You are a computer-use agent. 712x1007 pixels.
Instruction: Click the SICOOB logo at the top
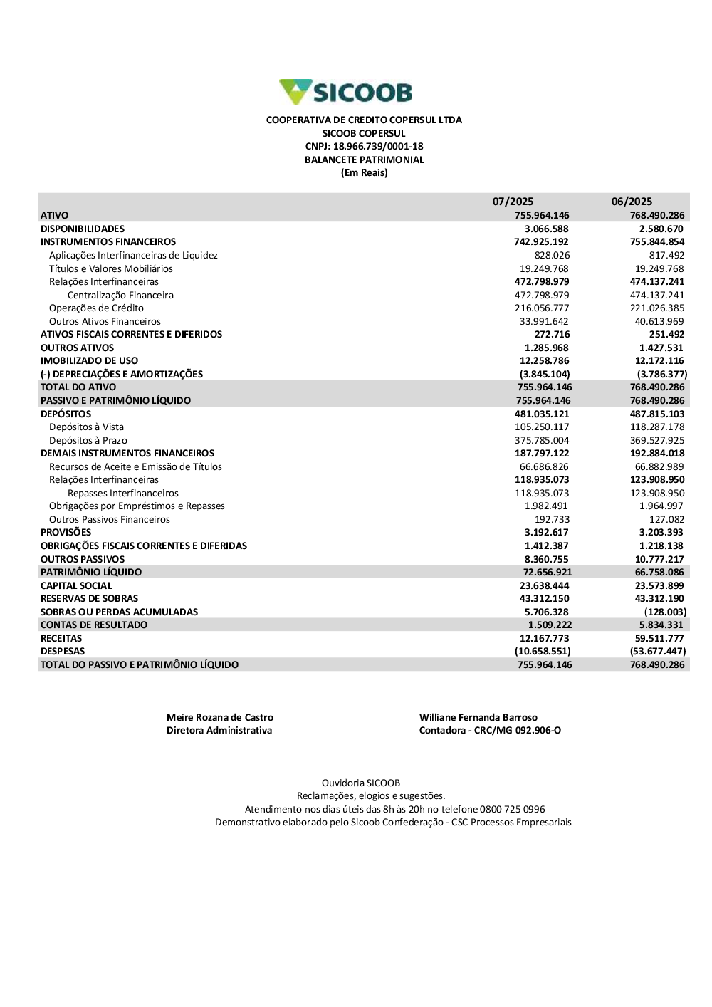[x=347, y=93]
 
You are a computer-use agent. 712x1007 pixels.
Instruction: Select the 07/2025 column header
[x=513, y=202]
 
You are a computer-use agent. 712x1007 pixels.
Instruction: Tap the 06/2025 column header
[x=632, y=202]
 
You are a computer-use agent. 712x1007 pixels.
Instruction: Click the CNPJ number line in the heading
[x=364, y=147]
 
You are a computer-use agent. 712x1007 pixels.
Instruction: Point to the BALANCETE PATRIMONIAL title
[x=364, y=160]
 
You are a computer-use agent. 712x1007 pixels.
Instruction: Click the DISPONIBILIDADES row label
[x=83, y=229]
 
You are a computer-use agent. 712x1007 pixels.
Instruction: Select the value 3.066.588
[x=546, y=229]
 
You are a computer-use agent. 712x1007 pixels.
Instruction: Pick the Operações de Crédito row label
[x=96, y=308]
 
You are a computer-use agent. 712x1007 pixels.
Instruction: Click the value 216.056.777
[x=542, y=308]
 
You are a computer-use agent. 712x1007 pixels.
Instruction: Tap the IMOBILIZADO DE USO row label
[x=89, y=360]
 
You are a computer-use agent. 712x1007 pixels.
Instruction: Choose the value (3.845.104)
[x=545, y=374]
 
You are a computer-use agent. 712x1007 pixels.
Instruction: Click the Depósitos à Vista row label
[x=86, y=427]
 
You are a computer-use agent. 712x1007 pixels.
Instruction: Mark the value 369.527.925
[x=657, y=440]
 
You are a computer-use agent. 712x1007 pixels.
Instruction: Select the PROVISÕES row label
[x=66, y=532]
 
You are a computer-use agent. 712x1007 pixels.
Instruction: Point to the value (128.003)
[x=665, y=612]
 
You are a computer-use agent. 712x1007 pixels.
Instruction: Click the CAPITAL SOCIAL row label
[x=76, y=585]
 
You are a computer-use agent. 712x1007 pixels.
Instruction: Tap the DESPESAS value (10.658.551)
[x=543, y=651]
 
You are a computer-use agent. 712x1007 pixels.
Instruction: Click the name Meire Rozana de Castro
[x=220, y=717]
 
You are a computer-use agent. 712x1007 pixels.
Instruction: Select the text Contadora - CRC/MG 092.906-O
[x=490, y=730]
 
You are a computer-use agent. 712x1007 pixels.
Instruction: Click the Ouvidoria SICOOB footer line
[x=361, y=783]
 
